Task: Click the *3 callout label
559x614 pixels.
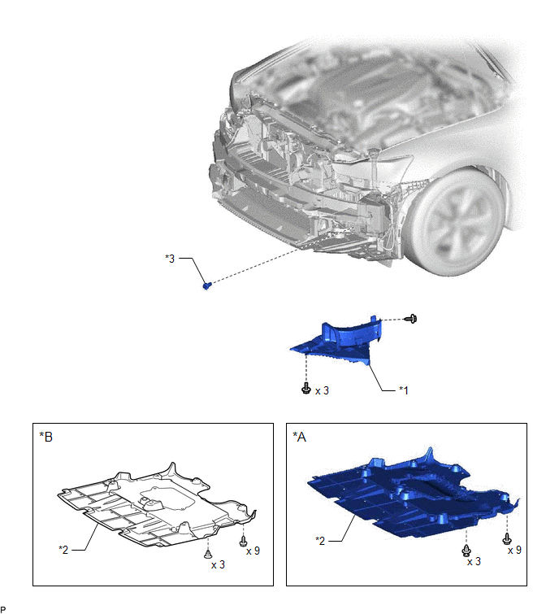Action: pos(170,259)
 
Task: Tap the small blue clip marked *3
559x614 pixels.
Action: pos(207,285)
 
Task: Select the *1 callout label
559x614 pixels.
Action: pos(404,390)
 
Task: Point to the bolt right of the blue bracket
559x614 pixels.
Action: pos(411,319)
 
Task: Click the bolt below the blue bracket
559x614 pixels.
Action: pos(306,388)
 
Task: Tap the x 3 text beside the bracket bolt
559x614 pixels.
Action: pos(322,391)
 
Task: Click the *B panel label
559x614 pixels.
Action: pos(45,437)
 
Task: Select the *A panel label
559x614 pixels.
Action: pos(299,437)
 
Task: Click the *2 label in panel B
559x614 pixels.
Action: pos(63,550)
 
